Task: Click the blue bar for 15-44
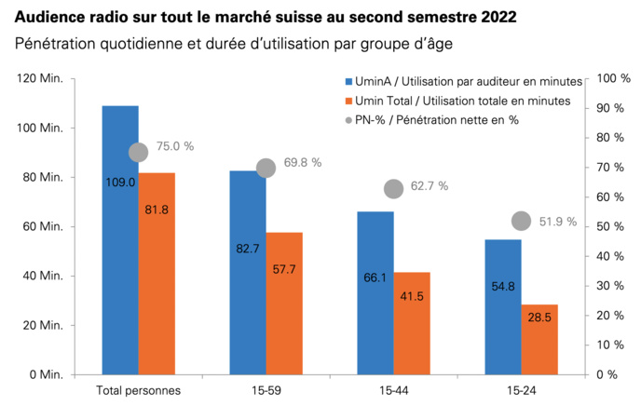click(375, 292)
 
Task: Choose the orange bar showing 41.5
click(412, 323)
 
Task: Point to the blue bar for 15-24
click(503, 306)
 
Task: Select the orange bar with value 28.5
click(539, 339)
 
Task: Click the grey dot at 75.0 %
click(139, 152)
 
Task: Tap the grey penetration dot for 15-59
click(266, 168)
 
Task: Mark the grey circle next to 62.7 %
click(394, 189)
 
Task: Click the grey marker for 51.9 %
click(522, 221)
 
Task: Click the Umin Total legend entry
click(457, 101)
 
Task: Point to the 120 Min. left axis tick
click(40, 79)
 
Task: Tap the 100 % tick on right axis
click(613, 79)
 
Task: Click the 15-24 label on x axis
click(521, 389)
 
